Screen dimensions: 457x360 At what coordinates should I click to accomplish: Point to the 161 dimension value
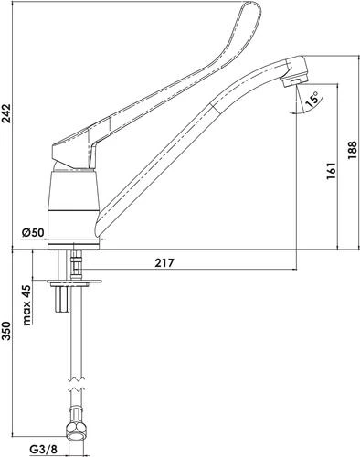[329, 169]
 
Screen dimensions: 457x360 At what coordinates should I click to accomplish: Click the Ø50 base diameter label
[35, 232]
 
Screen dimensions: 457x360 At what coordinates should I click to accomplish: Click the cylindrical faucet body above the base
[72, 202]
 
